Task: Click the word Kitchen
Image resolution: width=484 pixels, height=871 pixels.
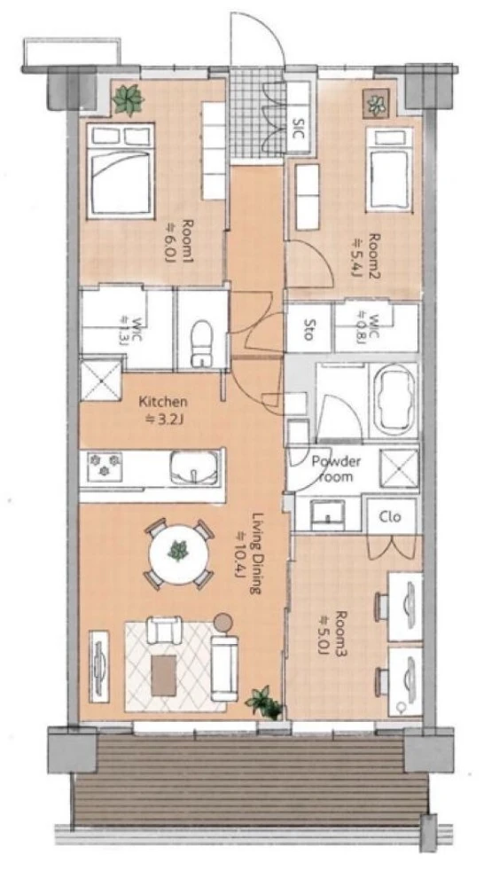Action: [163, 402]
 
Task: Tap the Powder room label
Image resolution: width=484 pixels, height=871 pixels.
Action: [336, 468]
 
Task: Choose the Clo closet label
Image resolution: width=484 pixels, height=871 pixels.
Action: [390, 516]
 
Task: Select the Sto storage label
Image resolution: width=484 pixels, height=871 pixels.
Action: [308, 334]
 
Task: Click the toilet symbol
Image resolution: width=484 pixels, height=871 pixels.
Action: [201, 343]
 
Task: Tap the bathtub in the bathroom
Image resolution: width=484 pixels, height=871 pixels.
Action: [394, 400]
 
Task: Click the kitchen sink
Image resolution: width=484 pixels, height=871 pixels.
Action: [193, 467]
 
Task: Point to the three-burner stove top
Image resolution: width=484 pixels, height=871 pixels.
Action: [105, 466]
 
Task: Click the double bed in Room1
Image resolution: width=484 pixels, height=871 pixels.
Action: [120, 172]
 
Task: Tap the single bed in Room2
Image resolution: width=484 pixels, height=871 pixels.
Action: [389, 169]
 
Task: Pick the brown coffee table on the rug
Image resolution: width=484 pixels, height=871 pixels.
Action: [164, 674]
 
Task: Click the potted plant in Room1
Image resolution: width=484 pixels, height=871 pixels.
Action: [129, 99]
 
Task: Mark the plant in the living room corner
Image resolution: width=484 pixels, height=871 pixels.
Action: [264, 702]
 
